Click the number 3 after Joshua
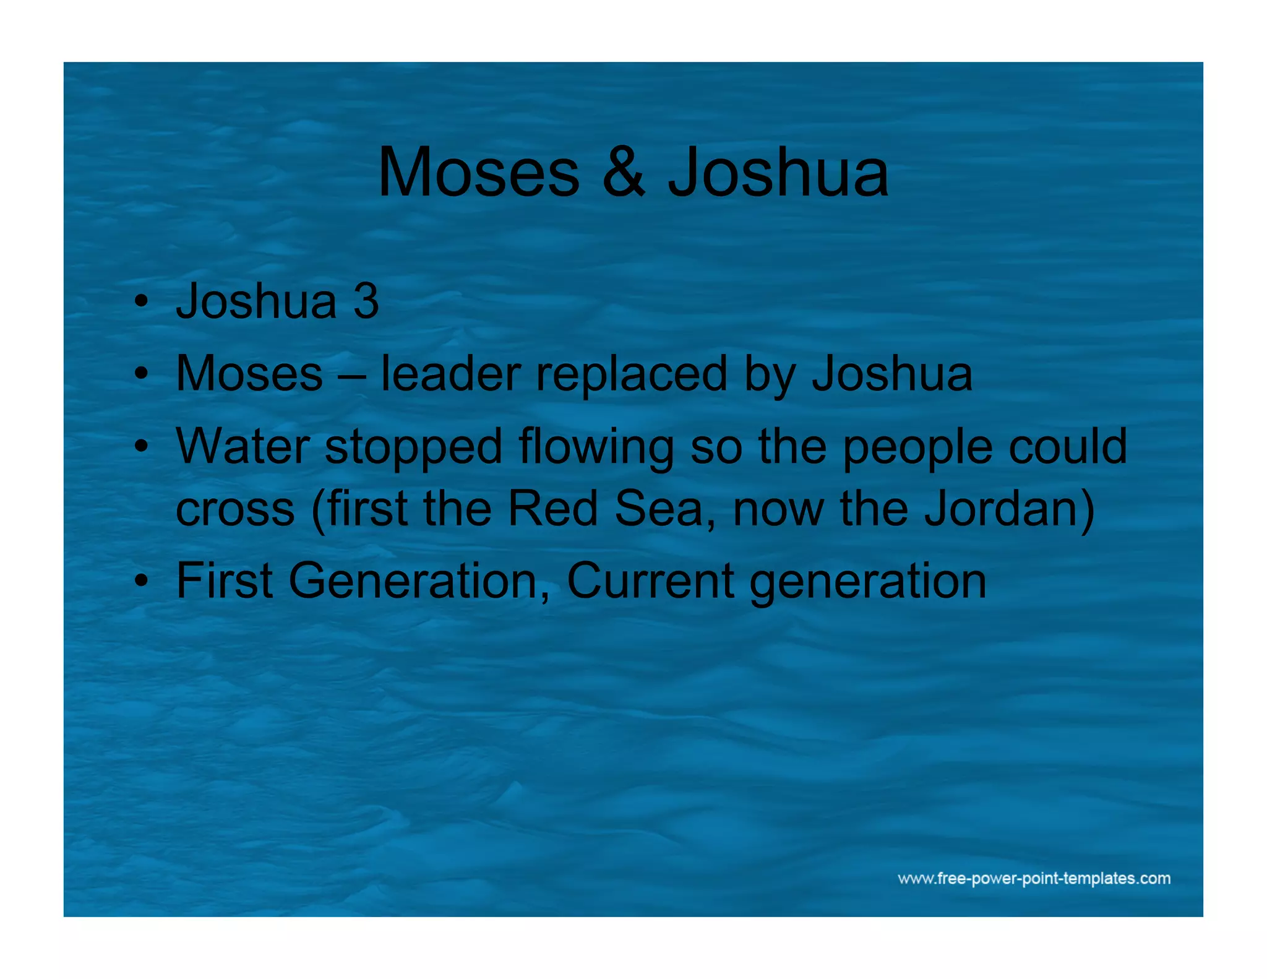[366, 301]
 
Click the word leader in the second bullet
[450, 374]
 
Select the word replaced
[631, 375]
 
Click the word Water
[243, 446]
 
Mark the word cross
[235, 509]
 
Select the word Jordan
[1002, 509]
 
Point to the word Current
[650, 581]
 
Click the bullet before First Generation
[142, 582]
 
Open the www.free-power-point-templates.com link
[1034, 878]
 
